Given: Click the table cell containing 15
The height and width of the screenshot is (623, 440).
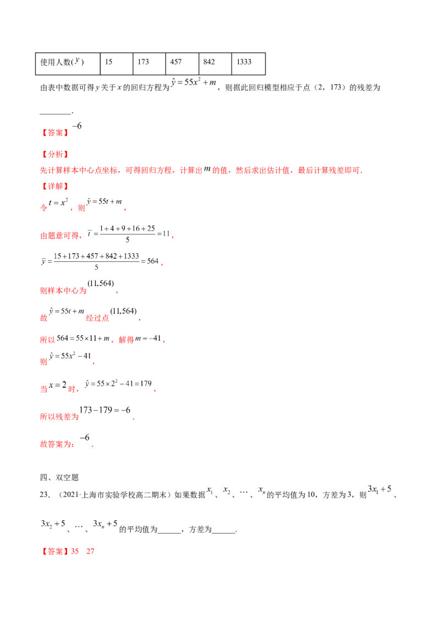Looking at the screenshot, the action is tap(117, 64).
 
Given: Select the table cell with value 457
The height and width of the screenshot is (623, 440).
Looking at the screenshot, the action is tap(182, 64).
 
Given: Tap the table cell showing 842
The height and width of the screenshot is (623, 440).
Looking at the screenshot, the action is tap(215, 64).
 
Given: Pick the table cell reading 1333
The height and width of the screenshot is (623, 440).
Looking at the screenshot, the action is tap(248, 64).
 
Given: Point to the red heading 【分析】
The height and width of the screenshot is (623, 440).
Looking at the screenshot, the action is tap(55, 154).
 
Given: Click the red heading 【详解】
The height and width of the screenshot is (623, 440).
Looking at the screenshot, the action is tap(55, 186).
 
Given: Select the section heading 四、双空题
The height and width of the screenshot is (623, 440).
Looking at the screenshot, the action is tap(59, 478).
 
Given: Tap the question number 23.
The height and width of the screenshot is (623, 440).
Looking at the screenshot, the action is tap(45, 495).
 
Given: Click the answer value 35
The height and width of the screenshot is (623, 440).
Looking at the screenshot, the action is tap(75, 551).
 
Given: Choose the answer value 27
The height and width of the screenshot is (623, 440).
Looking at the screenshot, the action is tap(90, 551).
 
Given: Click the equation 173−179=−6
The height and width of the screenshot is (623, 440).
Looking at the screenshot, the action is tap(105, 410).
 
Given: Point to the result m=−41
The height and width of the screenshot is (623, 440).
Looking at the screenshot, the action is tap(148, 338).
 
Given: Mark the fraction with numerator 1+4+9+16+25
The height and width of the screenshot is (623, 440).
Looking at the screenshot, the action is tap(128, 234).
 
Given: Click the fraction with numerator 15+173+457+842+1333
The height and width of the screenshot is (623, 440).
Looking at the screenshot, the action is tap(96, 261).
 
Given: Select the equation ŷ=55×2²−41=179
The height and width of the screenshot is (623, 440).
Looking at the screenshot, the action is tap(118, 384).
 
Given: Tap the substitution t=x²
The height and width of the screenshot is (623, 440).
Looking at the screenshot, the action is tap(58, 203).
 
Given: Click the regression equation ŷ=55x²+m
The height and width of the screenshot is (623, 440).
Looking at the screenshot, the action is tap(194, 82).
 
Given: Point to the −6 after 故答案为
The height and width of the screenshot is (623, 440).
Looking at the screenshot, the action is tap(85, 438).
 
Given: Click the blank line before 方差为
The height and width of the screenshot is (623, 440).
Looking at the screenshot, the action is tap(169, 533).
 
